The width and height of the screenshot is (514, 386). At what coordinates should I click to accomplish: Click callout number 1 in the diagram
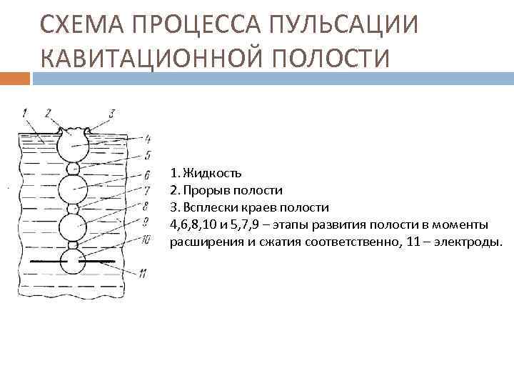[x=25, y=112]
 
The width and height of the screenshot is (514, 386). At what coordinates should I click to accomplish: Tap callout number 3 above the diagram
[x=111, y=114]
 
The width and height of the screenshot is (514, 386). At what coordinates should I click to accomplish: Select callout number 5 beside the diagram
[x=147, y=154]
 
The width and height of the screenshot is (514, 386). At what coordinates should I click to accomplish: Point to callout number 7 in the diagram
[x=146, y=191]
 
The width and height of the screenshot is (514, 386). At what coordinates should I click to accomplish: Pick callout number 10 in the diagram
[x=146, y=240]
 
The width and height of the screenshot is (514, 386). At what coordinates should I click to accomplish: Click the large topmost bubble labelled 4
[x=73, y=147]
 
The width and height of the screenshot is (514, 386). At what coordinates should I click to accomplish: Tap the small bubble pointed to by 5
[x=72, y=169]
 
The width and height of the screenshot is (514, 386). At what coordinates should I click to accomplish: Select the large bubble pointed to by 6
[x=72, y=189]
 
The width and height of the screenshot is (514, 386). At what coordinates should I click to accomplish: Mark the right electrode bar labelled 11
[x=100, y=262]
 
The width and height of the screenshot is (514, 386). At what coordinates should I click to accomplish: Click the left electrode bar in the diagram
[x=47, y=262]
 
